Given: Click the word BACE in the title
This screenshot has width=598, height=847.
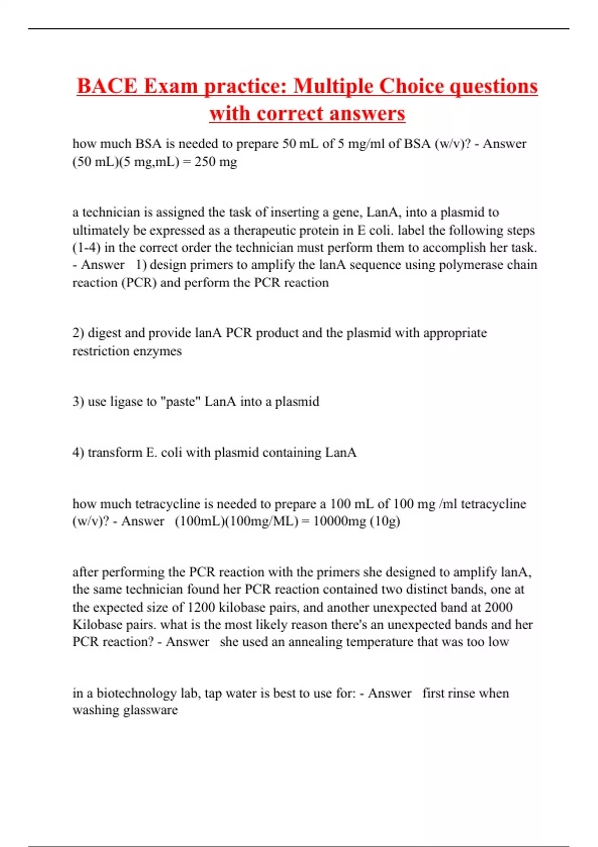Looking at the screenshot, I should (x=107, y=86).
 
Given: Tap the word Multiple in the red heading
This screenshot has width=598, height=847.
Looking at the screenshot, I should (x=332, y=86).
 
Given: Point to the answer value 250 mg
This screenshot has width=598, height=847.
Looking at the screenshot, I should (x=216, y=162).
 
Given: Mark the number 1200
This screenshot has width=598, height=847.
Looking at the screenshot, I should (x=201, y=607).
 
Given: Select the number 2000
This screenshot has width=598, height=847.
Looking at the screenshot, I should (x=498, y=607).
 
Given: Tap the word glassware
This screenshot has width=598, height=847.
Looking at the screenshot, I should (x=150, y=710).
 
